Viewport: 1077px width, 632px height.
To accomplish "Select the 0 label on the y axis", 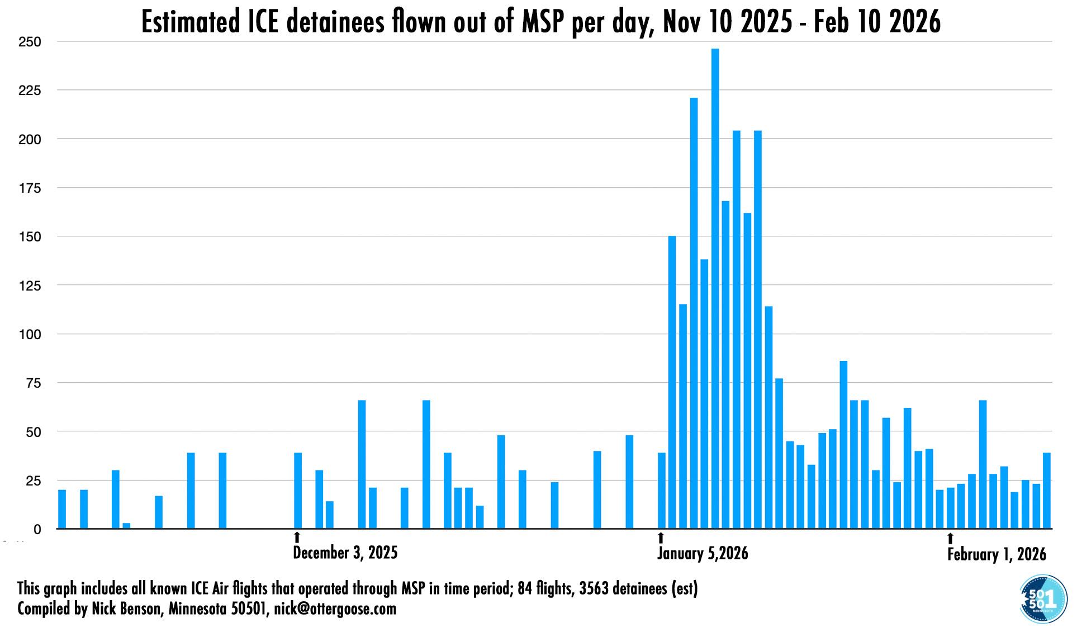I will tap(37, 529).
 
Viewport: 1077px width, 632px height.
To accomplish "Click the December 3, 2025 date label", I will tap(345, 553).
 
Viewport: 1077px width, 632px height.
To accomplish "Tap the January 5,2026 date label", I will tap(702, 554).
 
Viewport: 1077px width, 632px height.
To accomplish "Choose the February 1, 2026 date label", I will tap(996, 555).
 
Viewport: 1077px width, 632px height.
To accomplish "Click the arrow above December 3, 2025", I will tap(297, 538).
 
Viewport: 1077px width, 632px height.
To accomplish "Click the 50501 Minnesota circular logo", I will tap(1043, 598).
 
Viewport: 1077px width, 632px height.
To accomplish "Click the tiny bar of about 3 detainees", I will tap(126, 526).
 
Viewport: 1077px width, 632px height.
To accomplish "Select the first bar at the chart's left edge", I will tap(62, 509).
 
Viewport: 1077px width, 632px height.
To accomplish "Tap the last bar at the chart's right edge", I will tap(1047, 491).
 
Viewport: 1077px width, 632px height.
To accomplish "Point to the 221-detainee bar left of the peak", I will tap(694, 313).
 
